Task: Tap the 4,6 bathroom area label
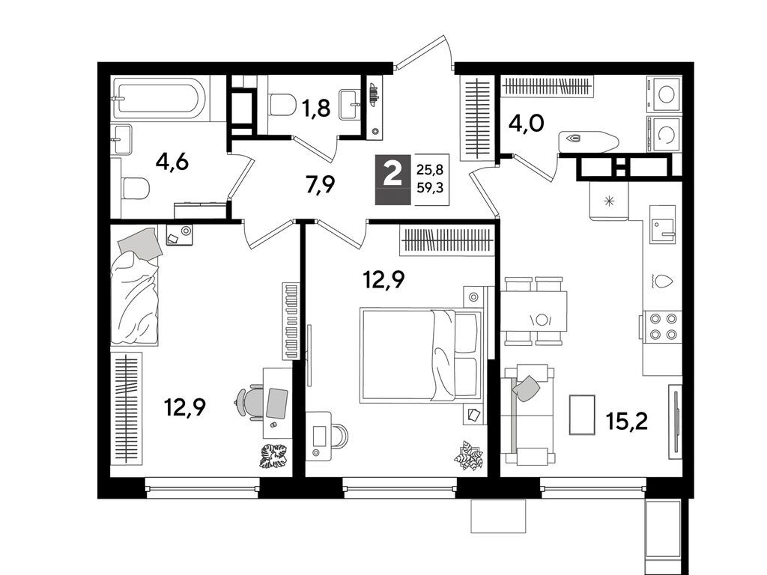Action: [x=172, y=162]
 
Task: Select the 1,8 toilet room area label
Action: [x=315, y=108]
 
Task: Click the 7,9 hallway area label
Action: [x=321, y=185]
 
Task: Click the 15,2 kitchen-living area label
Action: [x=627, y=421]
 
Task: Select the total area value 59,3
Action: [x=429, y=187]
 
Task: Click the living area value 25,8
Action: [x=429, y=170]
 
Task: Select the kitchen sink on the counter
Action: [x=663, y=224]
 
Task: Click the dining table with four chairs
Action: [x=535, y=311]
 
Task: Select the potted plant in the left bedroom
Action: [x=273, y=456]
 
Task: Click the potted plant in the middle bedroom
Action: [x=469, y=455]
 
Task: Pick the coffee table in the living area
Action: [x=582, y=415]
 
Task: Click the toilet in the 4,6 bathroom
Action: [x=136, y=188]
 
